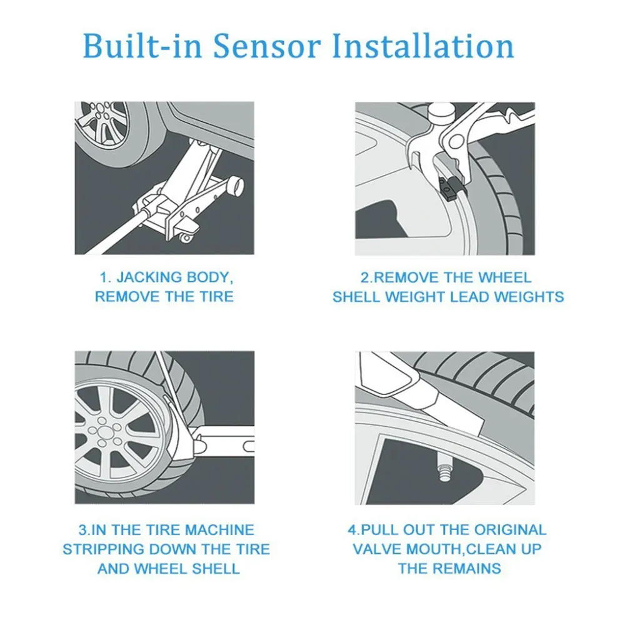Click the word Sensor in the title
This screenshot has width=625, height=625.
269,47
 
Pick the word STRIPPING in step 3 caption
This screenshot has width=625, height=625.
106,549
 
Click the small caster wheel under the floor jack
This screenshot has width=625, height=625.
186,237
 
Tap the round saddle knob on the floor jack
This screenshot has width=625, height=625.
236,186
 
